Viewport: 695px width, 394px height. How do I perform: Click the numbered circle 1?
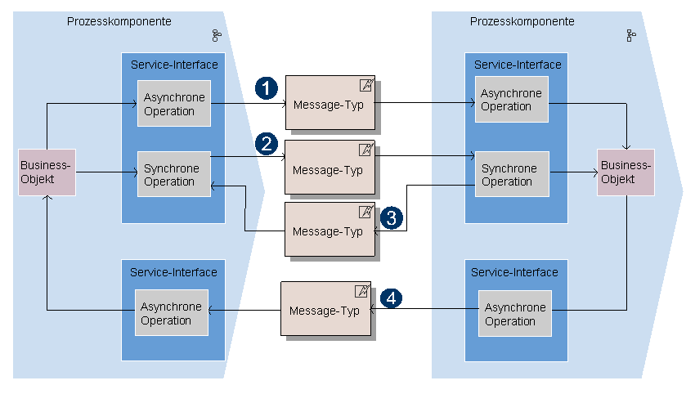coord(267,87)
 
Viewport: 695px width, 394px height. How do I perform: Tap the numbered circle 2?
coord(267,144)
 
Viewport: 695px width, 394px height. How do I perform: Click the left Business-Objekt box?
coord(47,172)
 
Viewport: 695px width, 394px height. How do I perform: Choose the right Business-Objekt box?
coord(626,172)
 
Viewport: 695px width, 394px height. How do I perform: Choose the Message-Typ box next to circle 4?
coord(325,310)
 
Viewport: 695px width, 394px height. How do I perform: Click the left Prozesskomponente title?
coord(119,21)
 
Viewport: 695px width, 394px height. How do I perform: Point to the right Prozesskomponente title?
coord(522,21)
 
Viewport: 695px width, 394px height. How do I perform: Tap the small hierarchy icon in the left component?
coord(216,35)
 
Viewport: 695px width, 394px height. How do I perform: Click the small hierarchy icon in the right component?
coord(630,35)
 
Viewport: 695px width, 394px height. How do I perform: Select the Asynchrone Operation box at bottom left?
coord(172,313)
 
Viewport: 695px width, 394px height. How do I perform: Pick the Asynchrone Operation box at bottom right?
coord(515,314)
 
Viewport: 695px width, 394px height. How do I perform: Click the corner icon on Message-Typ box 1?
coord(366,85)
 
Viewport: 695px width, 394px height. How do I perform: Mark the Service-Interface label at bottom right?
coord(514,272)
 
